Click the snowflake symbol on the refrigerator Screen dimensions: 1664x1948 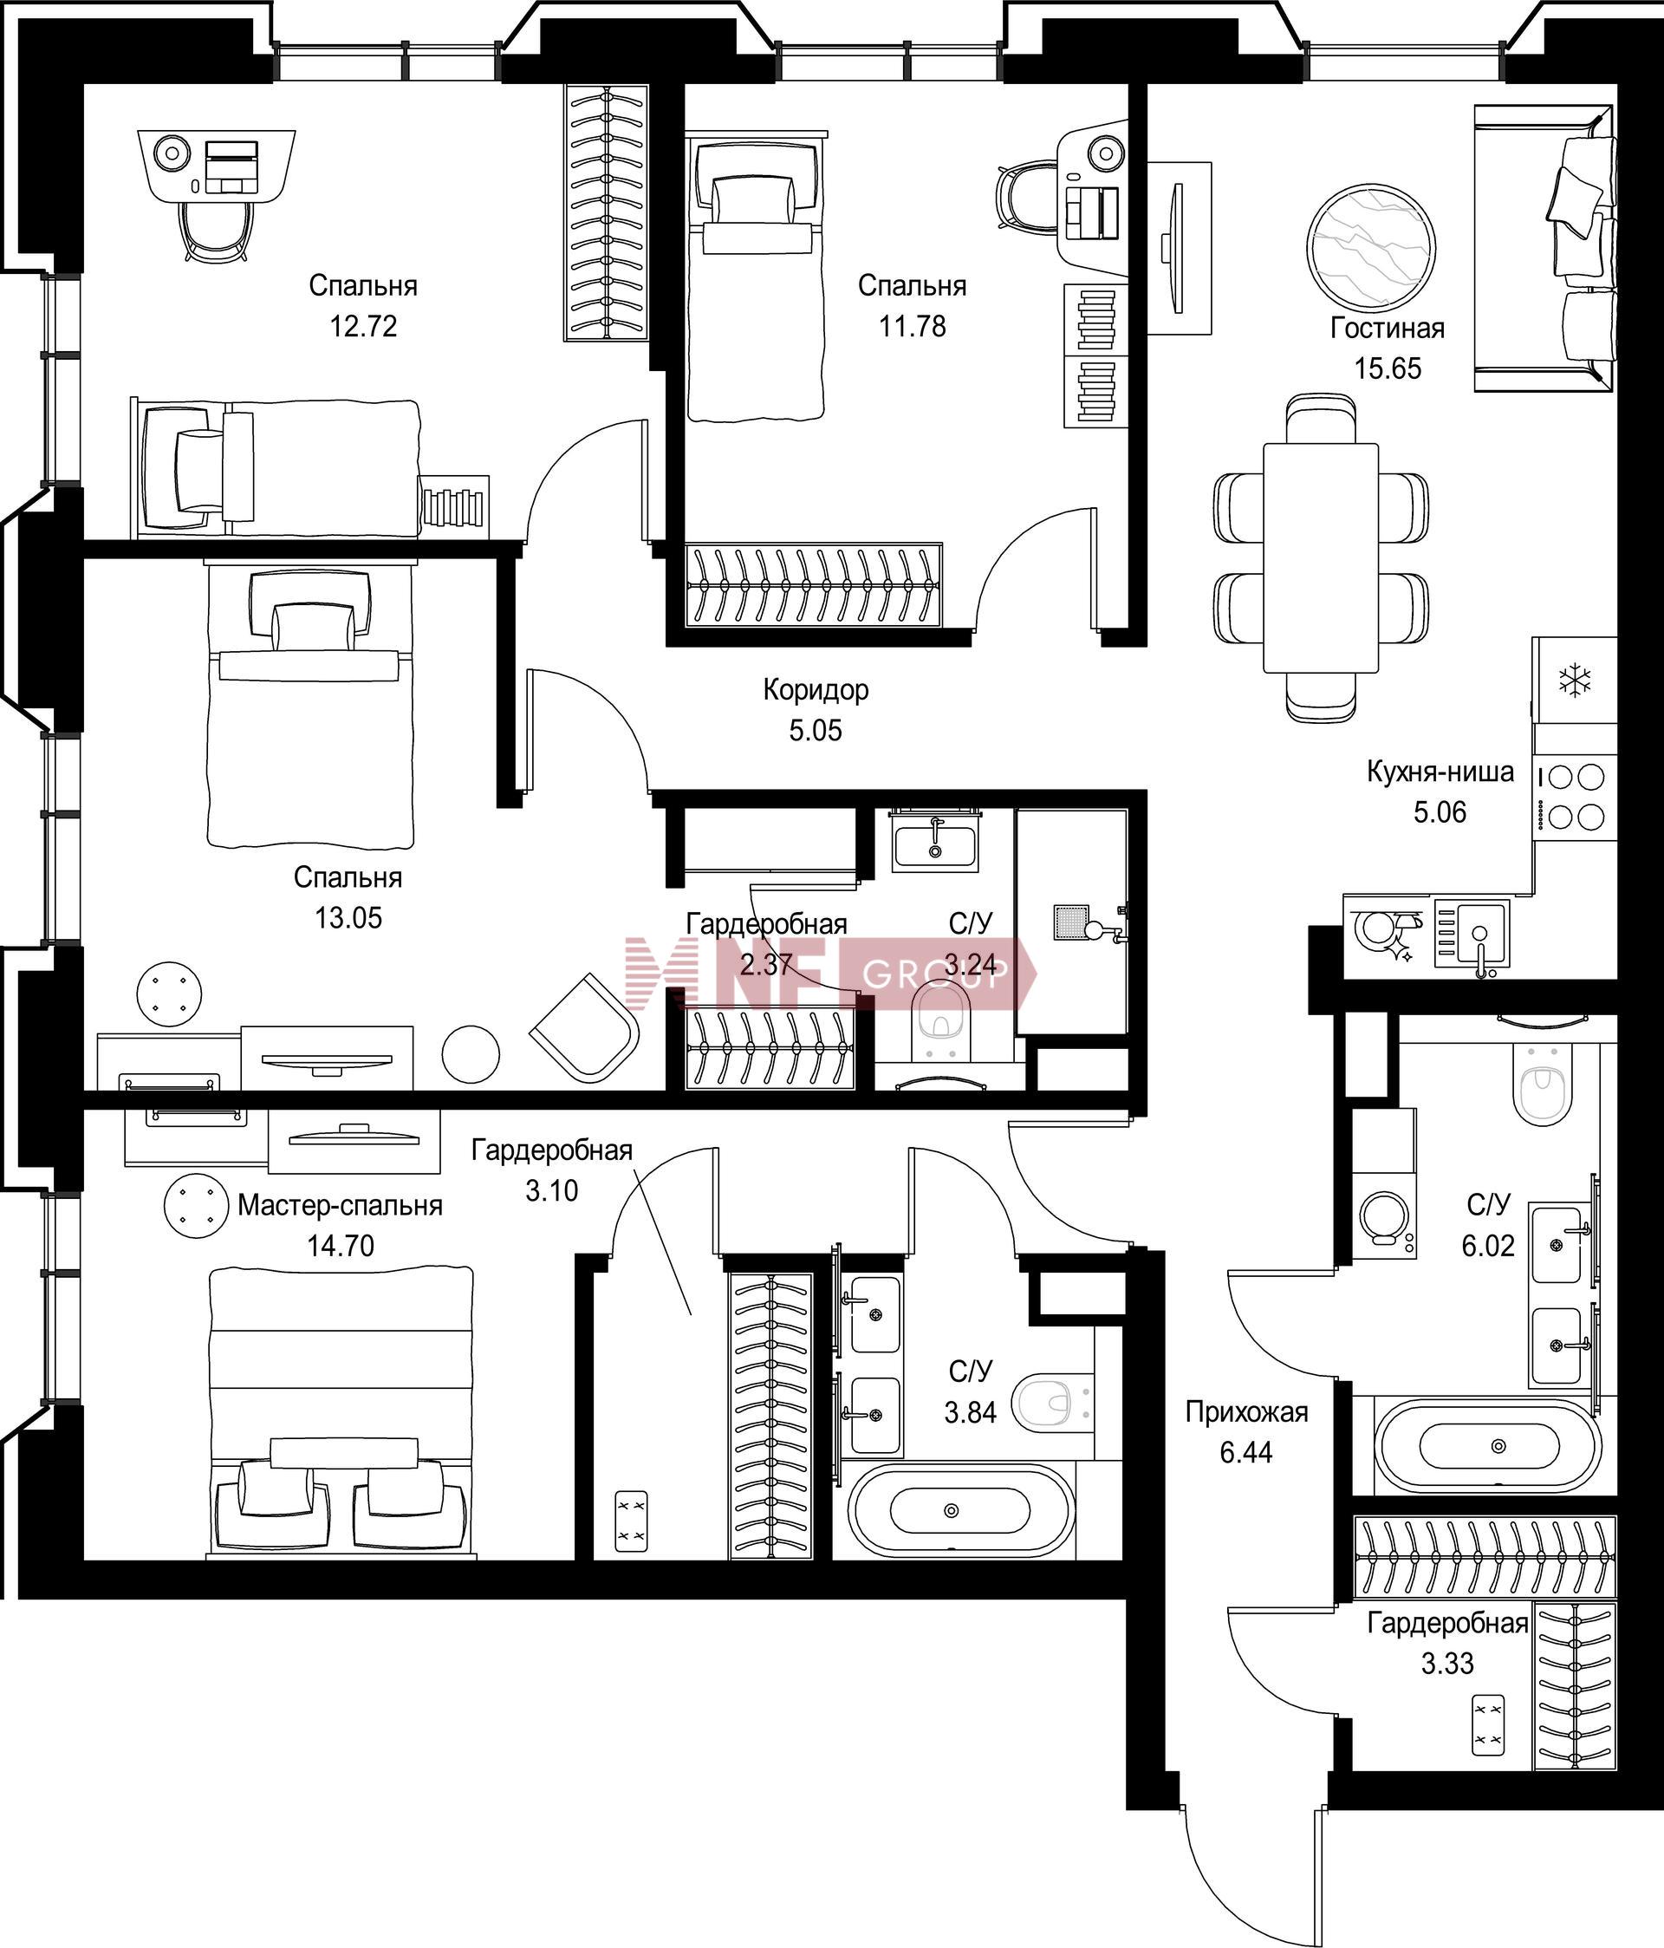tap(1575, 681)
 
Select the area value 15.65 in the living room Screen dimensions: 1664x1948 tap(1387, 368)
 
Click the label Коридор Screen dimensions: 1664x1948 tap(815, 689)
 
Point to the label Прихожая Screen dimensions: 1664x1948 tap(1245, 1412)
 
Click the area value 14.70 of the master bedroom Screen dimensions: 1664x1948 tap(341, 1246)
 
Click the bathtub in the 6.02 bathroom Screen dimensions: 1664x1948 tap(1486, 1445)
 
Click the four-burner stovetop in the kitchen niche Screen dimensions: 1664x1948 tap(1575, 798)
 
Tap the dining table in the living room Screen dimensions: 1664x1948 tap(1320, 557)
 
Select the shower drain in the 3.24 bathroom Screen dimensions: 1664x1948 tap(1069, 922)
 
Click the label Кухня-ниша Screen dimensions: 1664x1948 tap(1440, 772)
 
